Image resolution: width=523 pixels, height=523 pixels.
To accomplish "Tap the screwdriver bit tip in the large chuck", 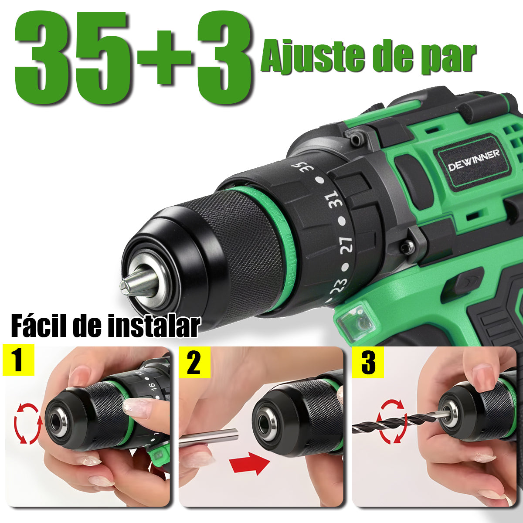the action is (x=139, y=284).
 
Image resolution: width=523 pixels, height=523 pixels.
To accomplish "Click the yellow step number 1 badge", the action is (x=18, y=360).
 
